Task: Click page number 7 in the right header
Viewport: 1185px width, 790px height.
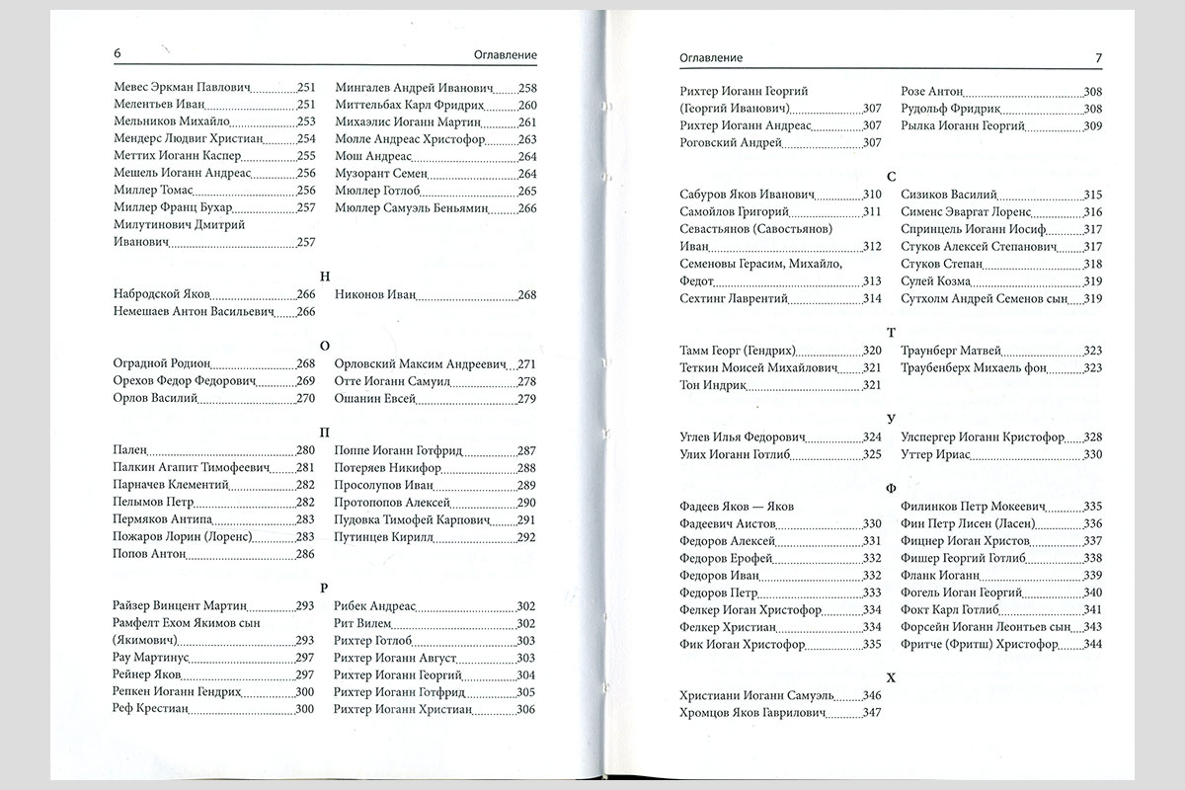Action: click(x=1098, y=58)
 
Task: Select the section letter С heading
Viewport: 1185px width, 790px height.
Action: click(x=892, y=176)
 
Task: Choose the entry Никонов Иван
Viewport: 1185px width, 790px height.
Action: click(x=376, y=294)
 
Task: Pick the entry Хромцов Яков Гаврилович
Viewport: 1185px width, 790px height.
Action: click(x=752, y=713)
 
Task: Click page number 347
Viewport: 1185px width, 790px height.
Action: click(x=871, y=713)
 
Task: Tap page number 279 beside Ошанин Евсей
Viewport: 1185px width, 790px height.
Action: click(x=526, y=398)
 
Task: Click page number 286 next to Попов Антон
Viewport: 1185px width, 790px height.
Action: click(x=305, y=555)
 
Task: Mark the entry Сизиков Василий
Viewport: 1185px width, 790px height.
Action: click(x=949, y=195)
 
